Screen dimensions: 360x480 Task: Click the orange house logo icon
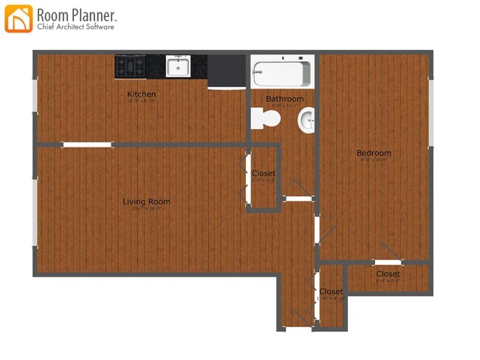(x=18, y=18)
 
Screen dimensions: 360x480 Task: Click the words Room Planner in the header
(x=76, y=14)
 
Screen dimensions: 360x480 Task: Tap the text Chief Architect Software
(x=75, y=27)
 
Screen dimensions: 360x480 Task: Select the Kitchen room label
(x=141, y=94)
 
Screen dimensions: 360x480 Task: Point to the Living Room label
(x=146, y=201)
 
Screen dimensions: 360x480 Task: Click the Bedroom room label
(x=374, y=153)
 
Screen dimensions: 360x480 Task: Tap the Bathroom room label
(x=284, y=99)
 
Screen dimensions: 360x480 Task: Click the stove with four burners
(x=130, y=66)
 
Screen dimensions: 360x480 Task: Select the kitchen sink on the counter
(x=177, y=66)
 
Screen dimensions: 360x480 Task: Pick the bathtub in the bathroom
(x=281, y=73)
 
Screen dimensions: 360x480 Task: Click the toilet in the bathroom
(x=265, y=117)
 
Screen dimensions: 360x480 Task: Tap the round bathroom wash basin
(x=307, y=118)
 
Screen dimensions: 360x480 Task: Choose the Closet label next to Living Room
(x=263, y=174)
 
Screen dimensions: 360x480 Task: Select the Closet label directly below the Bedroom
(x=388, y=274)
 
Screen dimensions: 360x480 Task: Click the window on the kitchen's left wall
(x=34, y=95)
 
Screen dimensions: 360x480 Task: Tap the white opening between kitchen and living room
(x=87, y=145)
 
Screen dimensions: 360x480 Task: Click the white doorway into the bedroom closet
(x=387, y=262)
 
